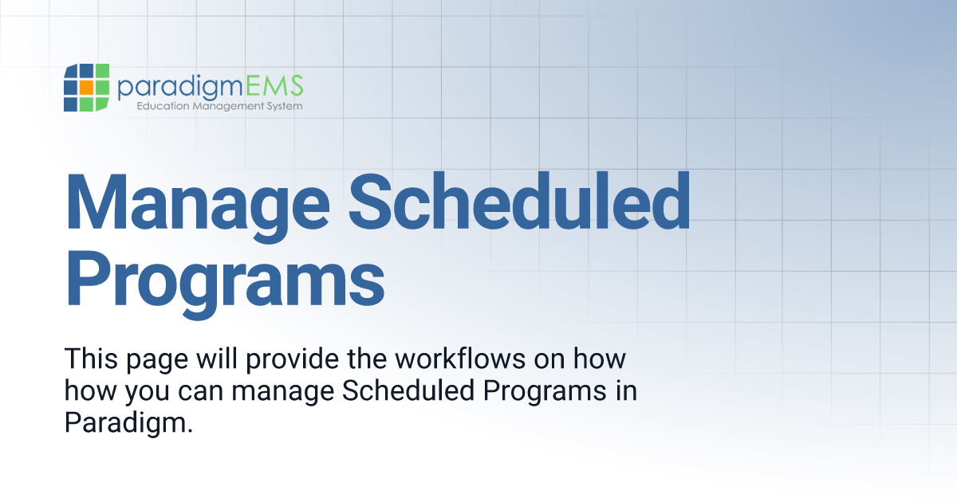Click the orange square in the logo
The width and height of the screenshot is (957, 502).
click(86, 87)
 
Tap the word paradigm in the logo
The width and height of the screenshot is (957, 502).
click(180, 87)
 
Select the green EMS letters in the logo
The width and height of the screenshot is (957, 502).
click(274, 85)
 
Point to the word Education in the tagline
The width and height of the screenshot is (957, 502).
click(163, 105)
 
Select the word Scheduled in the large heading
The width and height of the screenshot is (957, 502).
click(519, 201)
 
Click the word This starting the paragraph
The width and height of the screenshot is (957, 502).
click(91, 358)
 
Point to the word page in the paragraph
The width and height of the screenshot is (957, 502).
click(157, 361)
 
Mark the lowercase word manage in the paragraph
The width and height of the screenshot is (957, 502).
click(283, 393)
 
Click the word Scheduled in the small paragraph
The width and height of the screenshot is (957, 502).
click(408, 390)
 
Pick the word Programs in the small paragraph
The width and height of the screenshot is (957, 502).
click(545, 393)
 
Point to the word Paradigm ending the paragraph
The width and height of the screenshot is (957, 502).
click(128, 425)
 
